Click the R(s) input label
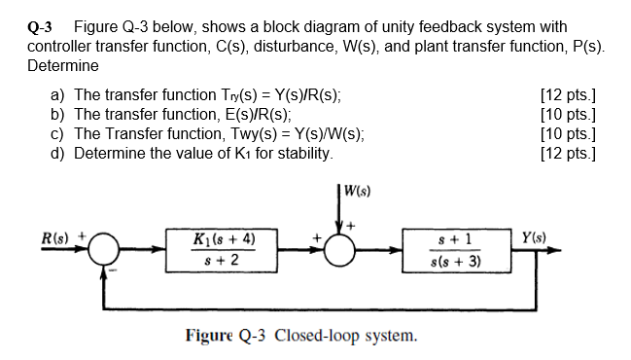pyautogui.click(x=52, y=236)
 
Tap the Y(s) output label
pyautogui.click(x=534, y=235)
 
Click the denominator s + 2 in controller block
pyautogui.click(x=224, y=261)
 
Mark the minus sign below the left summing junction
pyautogui.click(x=113, y=271)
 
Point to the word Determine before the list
pyautogui.click(x=62, y=66)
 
